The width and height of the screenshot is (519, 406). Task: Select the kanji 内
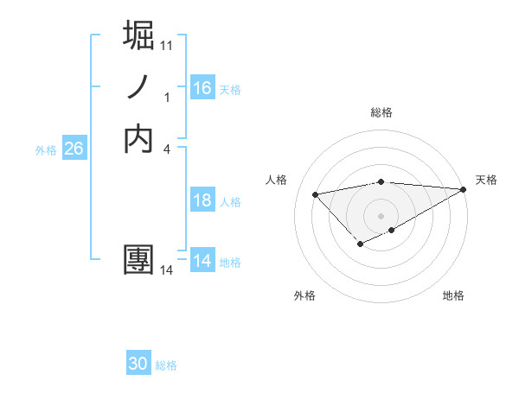[x=139, y=138]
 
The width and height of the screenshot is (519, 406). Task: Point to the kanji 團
[x=139, y=260]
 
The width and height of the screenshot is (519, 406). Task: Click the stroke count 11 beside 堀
[x=168, y=44]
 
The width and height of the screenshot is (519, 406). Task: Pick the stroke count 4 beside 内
[x=166, y=149]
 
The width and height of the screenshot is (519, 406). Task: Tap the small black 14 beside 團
[x=167, y=270]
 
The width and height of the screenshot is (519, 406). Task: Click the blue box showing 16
[x=202, y=88]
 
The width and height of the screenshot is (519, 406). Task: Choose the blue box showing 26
[x=74, y=149]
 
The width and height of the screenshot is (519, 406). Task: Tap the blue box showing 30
[x=138, y=364]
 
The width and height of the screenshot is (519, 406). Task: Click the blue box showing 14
[x=202, y=262]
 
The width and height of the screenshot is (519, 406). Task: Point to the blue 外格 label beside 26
[x=46, y=149]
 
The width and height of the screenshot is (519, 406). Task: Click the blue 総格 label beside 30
[x=166, y=365]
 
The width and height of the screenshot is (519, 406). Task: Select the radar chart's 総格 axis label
[x=381, y=112]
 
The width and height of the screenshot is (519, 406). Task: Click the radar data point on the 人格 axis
[x=315, y=193]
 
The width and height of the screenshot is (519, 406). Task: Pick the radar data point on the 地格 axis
[x=392, y=230]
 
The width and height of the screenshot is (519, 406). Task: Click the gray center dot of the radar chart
[x=381, y=216]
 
